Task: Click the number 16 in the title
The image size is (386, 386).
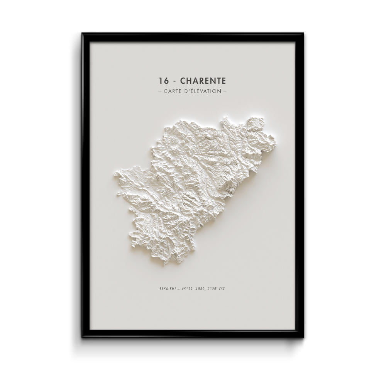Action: point(163,81)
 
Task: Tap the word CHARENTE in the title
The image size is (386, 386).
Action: point(203,81)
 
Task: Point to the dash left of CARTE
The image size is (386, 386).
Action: point(160,91)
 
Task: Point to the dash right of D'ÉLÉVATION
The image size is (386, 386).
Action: point(225,91)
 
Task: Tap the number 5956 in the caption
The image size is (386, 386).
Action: point(164,289)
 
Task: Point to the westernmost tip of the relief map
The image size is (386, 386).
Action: point(114,175)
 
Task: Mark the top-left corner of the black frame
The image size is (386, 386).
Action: point(82,34)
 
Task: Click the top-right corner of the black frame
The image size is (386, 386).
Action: point(303,34)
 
